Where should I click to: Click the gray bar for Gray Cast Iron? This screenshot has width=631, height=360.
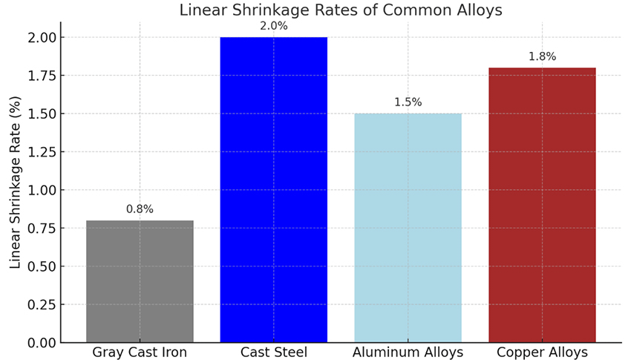tap(140, 281)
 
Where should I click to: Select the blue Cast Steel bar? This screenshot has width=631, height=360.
tap(273, 189)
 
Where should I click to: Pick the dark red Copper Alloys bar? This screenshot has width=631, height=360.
tap(542, 205)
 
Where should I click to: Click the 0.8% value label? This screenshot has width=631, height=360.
tap(140, 209)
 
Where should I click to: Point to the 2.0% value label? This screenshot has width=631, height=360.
tap(274, 26)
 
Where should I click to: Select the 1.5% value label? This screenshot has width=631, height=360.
tap(408, 102)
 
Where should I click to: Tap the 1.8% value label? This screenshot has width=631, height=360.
tap(542, 56)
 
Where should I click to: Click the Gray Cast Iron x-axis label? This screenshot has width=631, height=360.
tap(140, 352)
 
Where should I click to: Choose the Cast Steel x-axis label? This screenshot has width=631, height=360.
tap(273, 352)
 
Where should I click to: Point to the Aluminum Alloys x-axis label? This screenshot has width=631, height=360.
tap(408, 352)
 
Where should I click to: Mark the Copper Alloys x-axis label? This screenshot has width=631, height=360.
tap(542, 352)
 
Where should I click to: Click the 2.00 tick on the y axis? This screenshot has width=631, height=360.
tap(40, 37)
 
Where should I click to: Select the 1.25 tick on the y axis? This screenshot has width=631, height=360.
tap(40, 152)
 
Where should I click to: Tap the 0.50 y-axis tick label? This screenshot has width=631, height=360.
tap(40, 266)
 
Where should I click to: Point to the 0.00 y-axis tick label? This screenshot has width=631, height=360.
tap(40, 343)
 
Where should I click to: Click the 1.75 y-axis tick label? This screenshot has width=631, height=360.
tap(40, 76)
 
